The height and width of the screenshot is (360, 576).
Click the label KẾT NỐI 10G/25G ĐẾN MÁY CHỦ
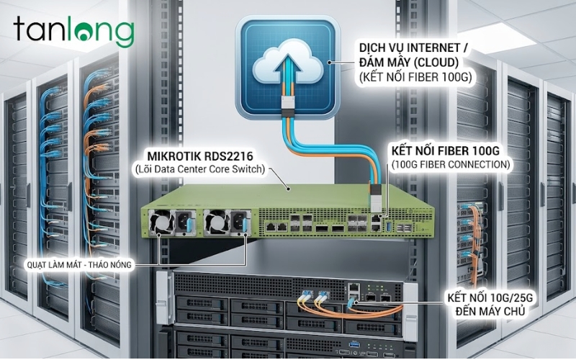click(x=493, y=305)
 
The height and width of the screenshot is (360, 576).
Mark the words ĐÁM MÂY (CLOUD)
click(x=409, y=62)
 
